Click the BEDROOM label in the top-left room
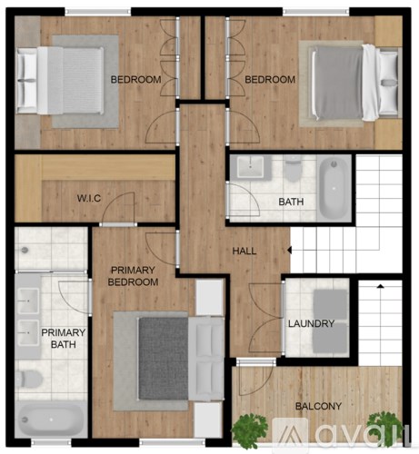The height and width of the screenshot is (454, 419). coord(135,79)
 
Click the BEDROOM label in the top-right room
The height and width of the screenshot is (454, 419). coord(270,79)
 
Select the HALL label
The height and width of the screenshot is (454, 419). coord(244,251)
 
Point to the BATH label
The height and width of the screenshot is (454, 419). coord(292,202)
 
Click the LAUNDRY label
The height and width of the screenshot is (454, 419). coord(311,324)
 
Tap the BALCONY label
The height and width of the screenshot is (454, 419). coord(318,406)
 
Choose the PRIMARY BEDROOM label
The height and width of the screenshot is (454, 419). coord(134,276)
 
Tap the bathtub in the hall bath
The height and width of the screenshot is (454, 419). coord(331,188)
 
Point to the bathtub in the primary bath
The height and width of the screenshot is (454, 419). coord(50,421)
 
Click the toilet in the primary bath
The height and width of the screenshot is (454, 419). coord(26,377)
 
